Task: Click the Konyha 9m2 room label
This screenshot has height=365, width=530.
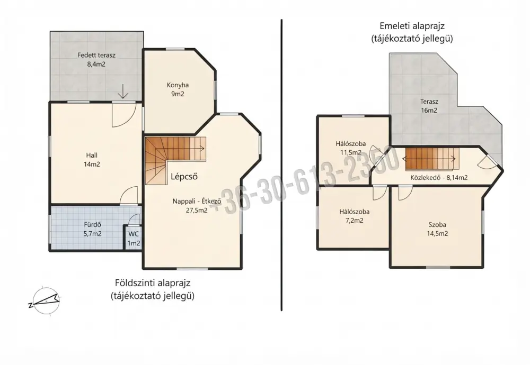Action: pyautogui.click(x=178, y=89)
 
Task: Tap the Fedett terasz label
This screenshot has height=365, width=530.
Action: pyautogui.click(x=96, y=59)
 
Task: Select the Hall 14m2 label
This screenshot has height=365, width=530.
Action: pyautogui.click(x=92, y=160)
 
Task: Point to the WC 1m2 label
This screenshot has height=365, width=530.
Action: pyautogui.click(x=134, y=239)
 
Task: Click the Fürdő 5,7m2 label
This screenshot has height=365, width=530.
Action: pyautogui.click(x=93, y=229)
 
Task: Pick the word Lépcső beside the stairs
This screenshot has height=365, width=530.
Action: pyautogui.click(x=184, y=177)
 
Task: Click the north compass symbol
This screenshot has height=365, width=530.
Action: pyautogui.click(x=45, y=301)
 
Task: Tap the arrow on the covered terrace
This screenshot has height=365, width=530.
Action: pyautogui.click(x=123, y=91)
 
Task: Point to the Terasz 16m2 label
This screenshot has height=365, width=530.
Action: pyautogui.click(x=429, y=106)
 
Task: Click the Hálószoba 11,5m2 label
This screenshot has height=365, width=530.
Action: pyautogui.click(x=350, y=148)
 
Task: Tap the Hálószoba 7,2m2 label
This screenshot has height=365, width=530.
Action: pyautogui.click(x=354, y=216)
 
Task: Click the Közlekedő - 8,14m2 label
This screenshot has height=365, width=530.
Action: pyautogui.click(x=439, y=177)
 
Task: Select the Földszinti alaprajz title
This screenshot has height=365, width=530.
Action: pyautogui.click(x=153, y=289)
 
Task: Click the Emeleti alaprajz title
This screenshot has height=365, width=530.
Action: pyautogui.click(x=412, y=32)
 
